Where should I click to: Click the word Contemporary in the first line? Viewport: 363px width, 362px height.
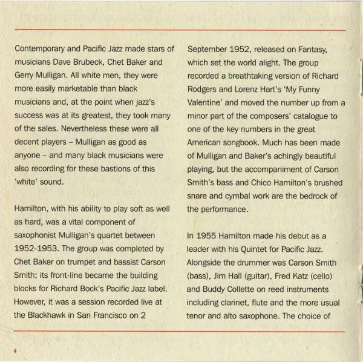(x=41, y=48)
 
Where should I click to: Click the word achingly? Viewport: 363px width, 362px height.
(x=276, y=155)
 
